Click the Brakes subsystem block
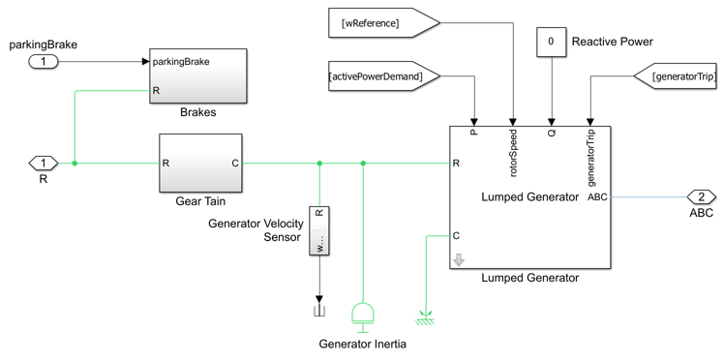tap(197, 76)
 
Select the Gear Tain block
tap(200, 163)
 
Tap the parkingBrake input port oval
tap(44, 61)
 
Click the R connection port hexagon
tap(44, 163)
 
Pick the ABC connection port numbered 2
tap(702, 197)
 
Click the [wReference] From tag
tap(384, 22)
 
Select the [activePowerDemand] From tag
tap(384, 75)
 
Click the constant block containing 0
tap(551, 42)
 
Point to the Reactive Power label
tap(613, 42)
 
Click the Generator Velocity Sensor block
tap(319, 230)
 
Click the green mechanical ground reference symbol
tap(426, 317)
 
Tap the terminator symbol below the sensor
tap(319, 312)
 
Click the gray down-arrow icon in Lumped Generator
tap(459, 260)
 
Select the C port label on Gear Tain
tap(235, 163)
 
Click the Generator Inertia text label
tap(363, 345)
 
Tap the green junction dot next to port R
tap(75, 163)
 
